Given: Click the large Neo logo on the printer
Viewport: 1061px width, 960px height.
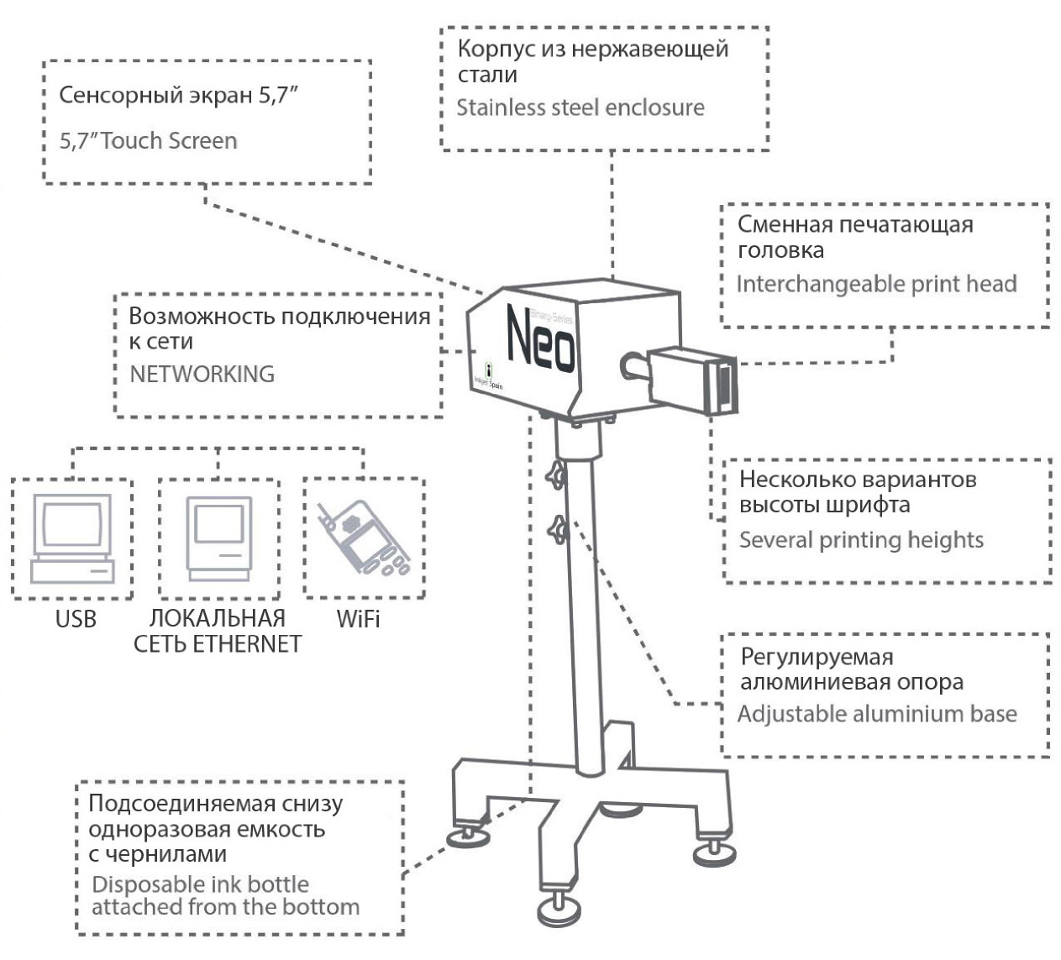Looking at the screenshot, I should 541,340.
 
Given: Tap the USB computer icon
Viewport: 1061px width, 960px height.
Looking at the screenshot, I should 71,538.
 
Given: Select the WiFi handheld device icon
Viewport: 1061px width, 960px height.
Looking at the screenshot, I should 364,538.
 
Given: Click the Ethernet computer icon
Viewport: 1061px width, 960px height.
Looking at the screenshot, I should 218,538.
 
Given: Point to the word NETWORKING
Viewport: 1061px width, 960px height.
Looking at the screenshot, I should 202,374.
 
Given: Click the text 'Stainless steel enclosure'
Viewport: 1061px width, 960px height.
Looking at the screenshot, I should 580,108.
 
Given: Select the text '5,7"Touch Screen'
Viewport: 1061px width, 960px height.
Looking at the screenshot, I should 148,140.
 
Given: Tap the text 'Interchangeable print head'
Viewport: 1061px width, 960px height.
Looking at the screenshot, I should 876,284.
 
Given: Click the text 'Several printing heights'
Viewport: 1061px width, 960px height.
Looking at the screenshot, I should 861,539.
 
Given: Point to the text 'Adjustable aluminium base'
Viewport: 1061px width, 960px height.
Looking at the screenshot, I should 877,714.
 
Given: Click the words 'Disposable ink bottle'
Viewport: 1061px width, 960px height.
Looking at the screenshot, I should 200,884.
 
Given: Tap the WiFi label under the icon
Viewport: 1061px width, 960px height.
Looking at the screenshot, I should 358,619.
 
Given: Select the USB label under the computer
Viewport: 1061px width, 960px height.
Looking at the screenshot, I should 76,619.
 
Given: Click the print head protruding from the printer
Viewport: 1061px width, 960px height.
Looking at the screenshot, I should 693,380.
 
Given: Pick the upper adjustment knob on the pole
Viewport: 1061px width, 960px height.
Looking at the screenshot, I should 557,477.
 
